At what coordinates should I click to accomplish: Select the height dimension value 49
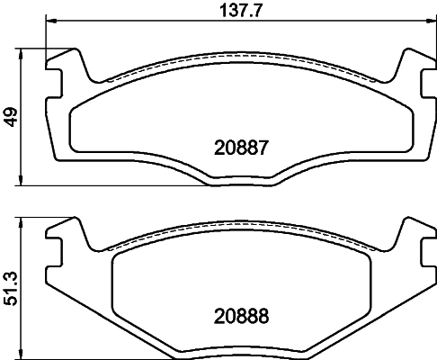click(10, 117)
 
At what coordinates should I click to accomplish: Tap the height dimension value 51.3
click(10, 286)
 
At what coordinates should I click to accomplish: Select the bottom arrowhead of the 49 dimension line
click(22, 181)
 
